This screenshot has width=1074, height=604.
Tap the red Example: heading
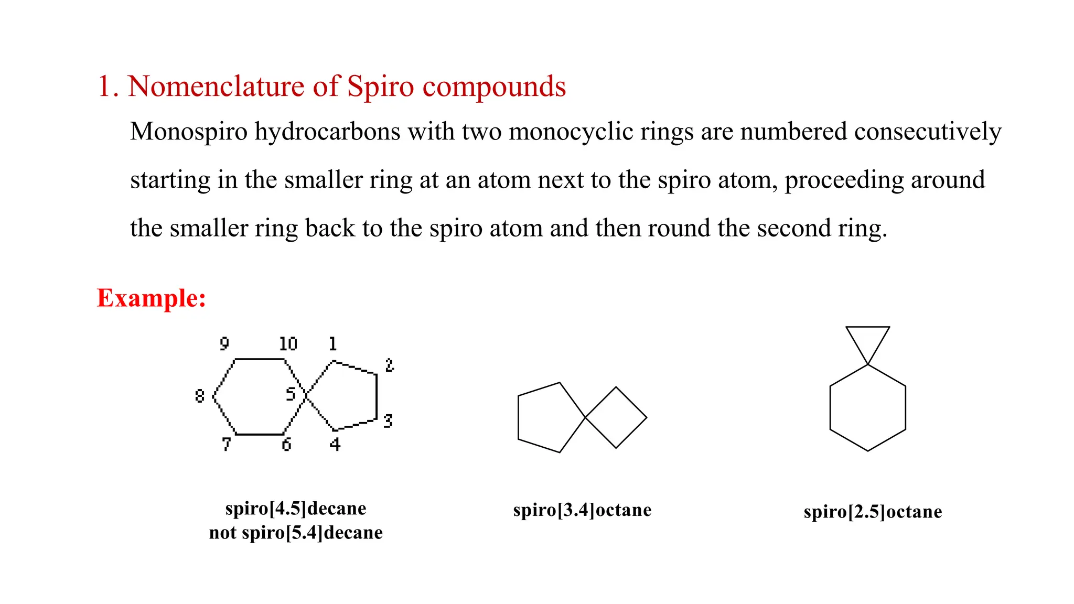click(151, 298)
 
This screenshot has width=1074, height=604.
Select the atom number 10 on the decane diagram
click(288, 344)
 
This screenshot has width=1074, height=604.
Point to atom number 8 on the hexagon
click(199, 396)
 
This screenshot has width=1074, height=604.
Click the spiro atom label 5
click(291, 394)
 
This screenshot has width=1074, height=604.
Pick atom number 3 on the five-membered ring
click(388, 420)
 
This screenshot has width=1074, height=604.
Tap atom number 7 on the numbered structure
click(226, 444)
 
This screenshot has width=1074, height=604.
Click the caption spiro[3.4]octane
click(582, 510)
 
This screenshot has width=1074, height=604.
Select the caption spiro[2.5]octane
click(873, 511)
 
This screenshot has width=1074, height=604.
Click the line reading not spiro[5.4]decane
click(296, 532)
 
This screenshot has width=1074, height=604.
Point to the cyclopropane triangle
click(867, 341)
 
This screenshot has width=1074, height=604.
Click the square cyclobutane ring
click(616, 417)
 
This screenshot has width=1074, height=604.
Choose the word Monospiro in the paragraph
click(188, 131)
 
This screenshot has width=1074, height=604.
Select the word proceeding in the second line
click(844, 180)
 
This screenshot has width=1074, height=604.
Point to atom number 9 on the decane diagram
click(224, 344)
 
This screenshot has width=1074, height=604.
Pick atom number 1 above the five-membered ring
click(332, 344)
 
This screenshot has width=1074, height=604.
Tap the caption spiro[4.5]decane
click(296, 508)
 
